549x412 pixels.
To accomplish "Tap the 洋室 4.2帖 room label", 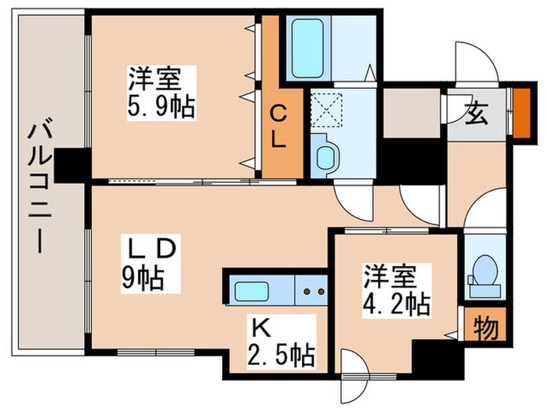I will [x=396, y=290].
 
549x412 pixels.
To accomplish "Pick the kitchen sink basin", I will [x=255, y=292].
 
